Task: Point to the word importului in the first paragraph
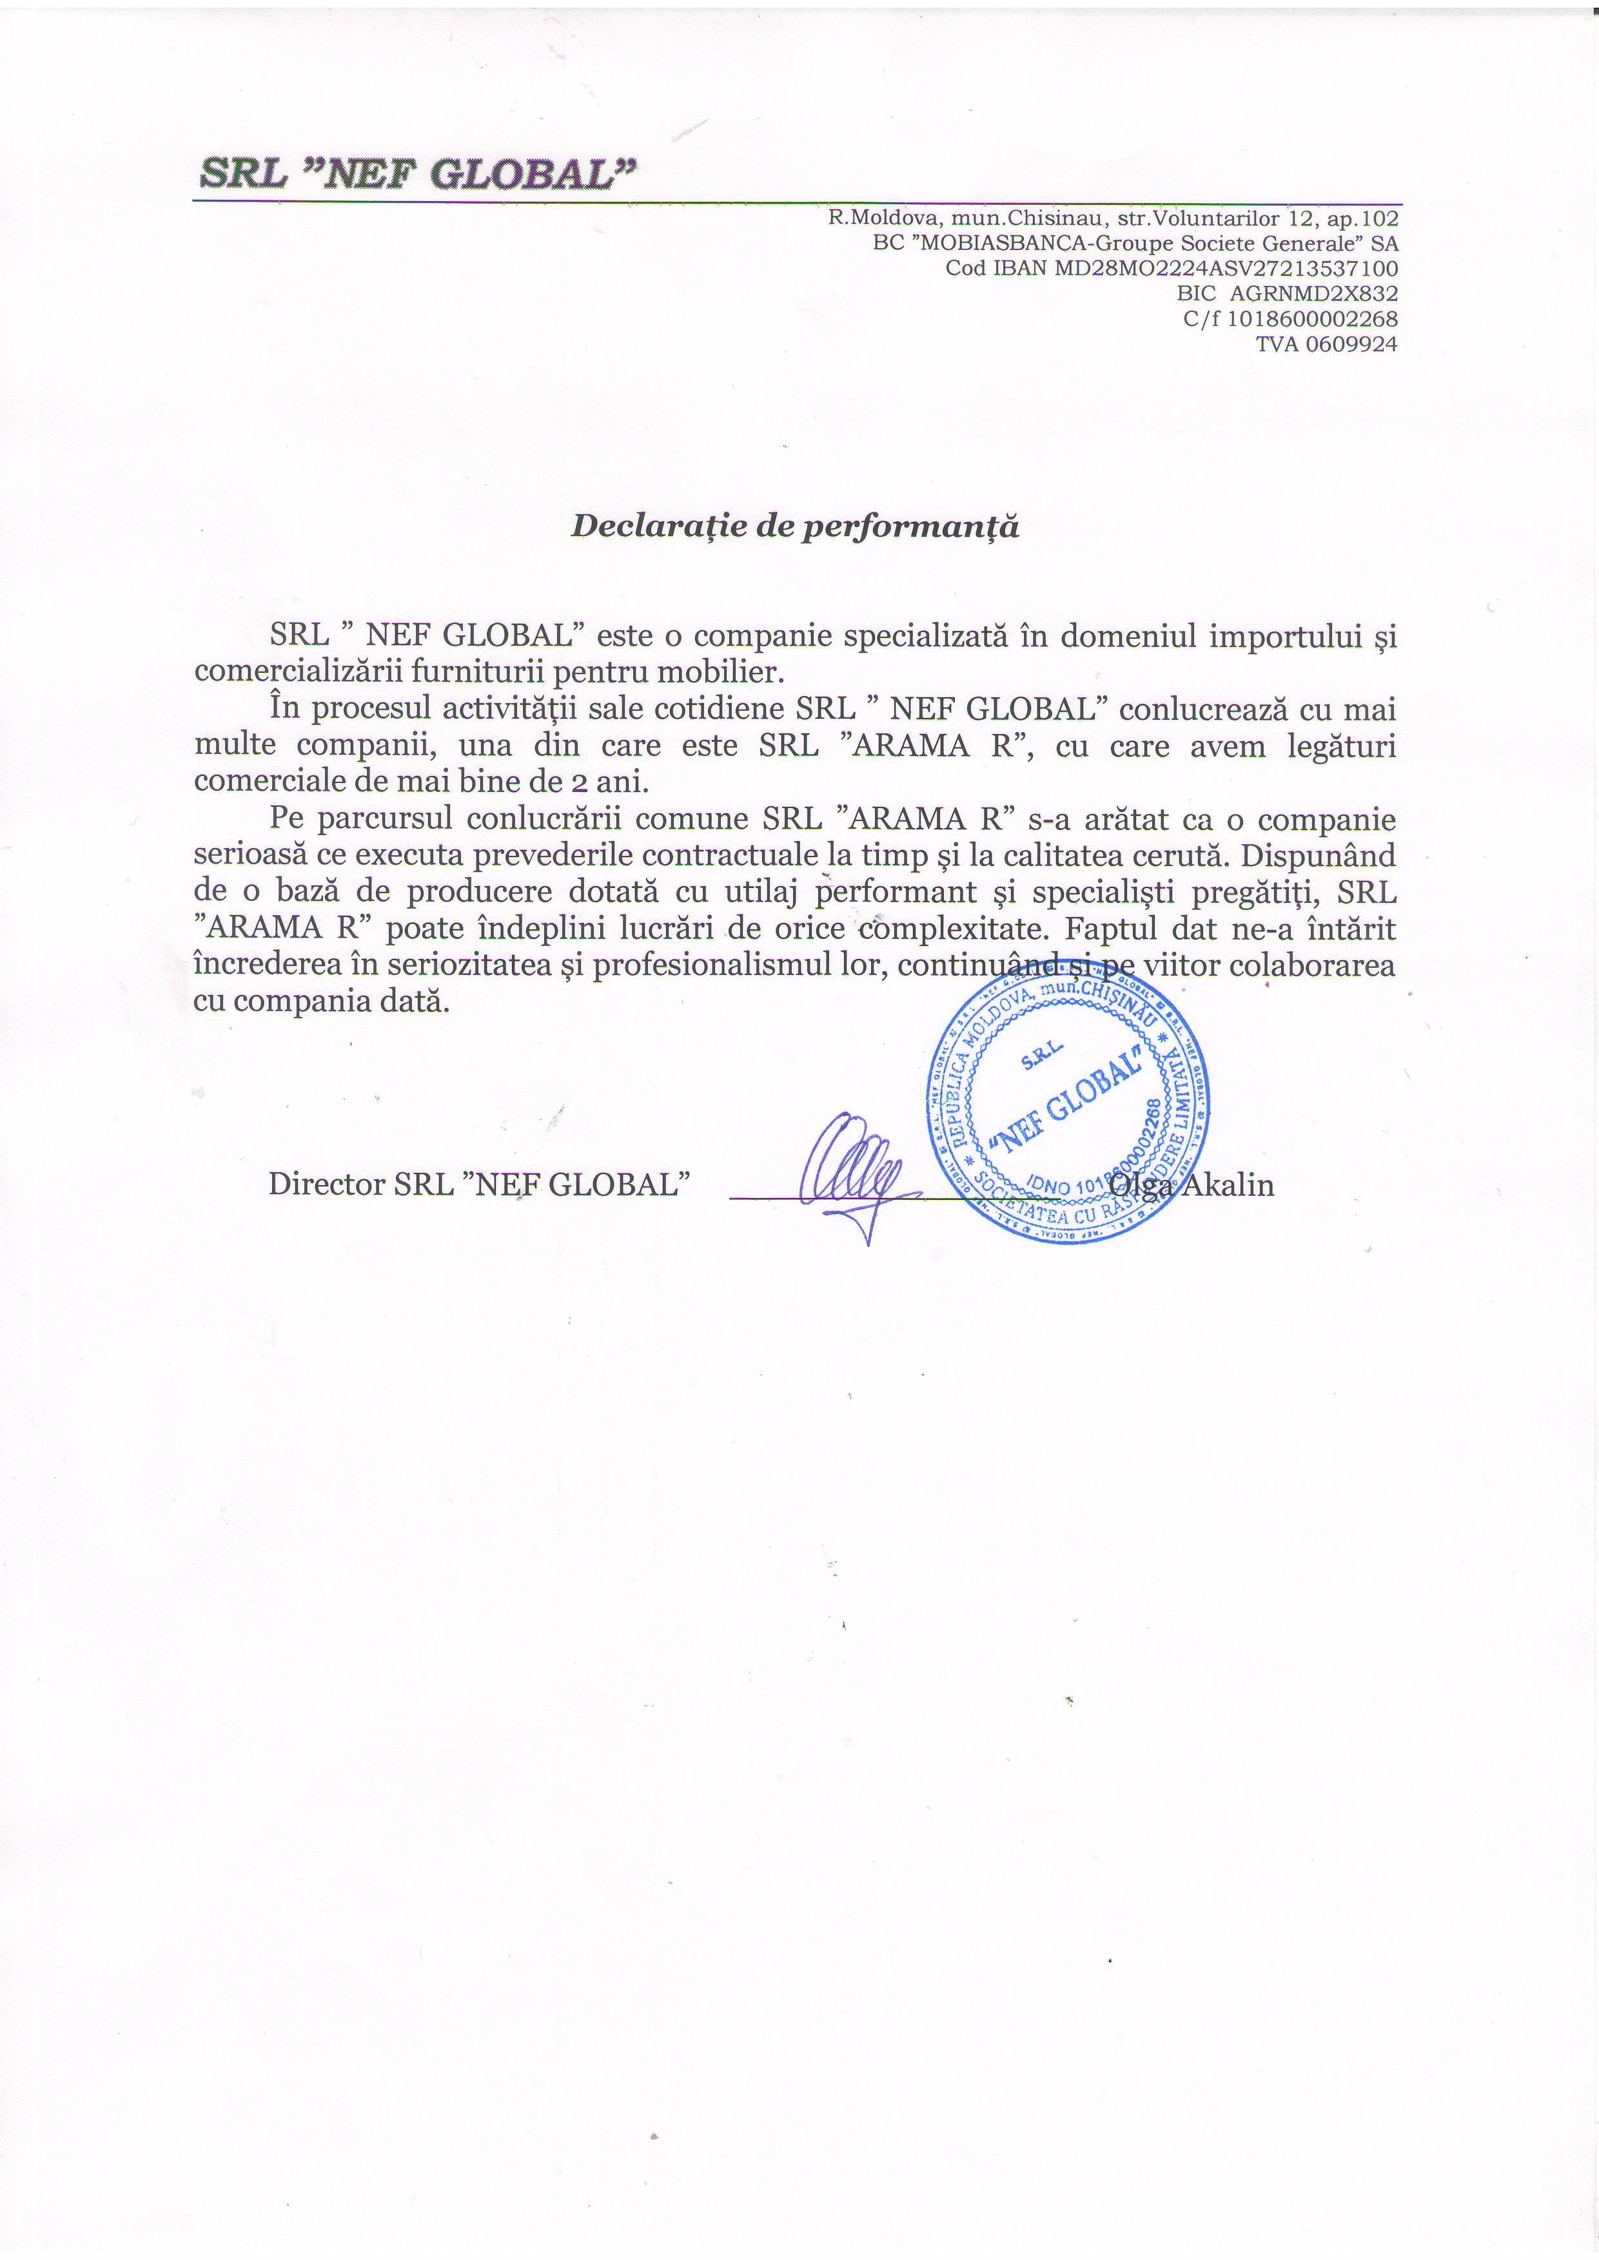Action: (x=1282, y=636)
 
